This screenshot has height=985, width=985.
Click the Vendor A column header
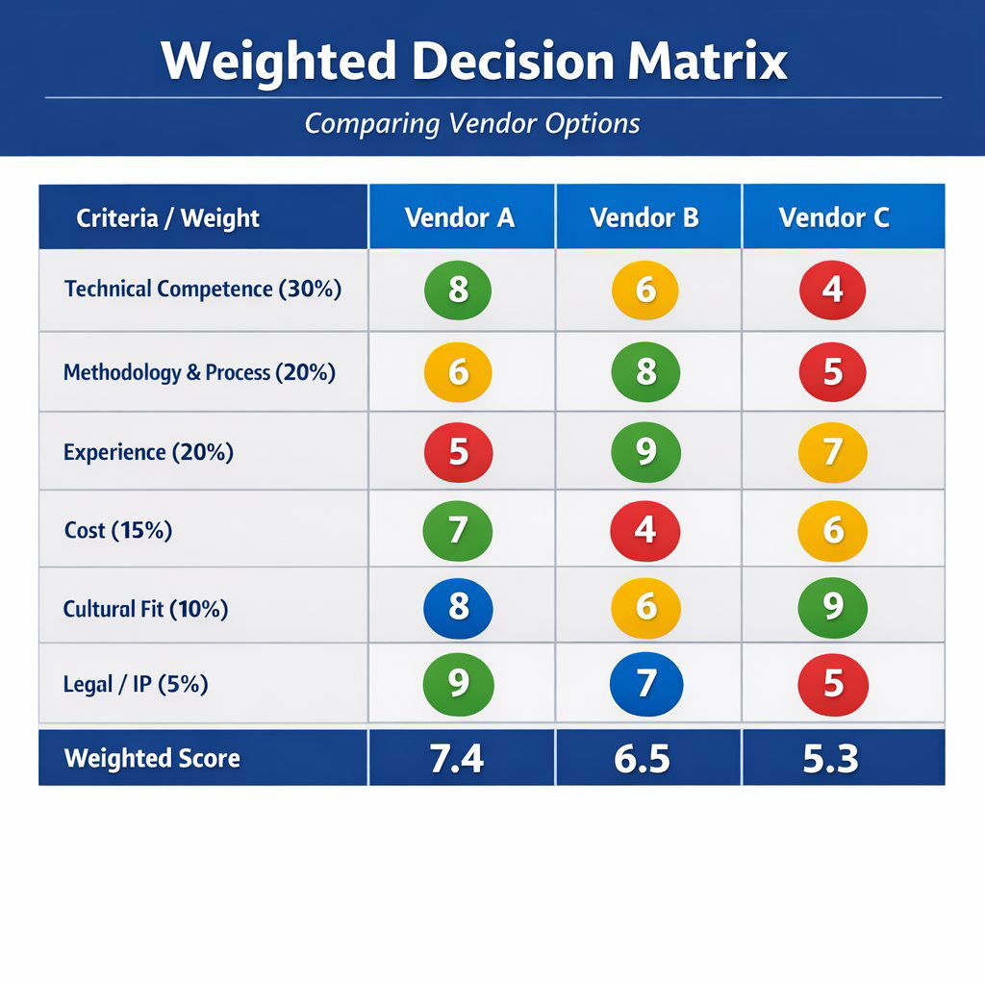point(460,217)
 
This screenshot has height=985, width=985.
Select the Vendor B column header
point(644,217)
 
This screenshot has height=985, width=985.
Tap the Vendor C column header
point(834,217)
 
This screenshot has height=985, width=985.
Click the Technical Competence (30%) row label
point(203,289)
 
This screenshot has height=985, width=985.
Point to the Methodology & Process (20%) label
point(199,372)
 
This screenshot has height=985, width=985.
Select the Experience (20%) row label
point(148,451)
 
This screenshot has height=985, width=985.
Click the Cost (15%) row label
point(118,529)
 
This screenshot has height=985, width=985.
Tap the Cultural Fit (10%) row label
point(145,608)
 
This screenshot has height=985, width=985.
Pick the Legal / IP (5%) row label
point(136,684)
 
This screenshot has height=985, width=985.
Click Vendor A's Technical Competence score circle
point(458,290)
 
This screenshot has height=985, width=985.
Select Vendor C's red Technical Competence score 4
point(833,290)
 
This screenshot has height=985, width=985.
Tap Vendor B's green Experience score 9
point(645,452)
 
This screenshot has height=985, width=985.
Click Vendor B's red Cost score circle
point(645,530)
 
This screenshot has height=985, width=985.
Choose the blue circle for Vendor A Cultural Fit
point(458,608)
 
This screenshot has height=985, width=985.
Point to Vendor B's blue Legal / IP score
point(645,684)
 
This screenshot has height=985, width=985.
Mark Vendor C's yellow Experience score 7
point(833,452)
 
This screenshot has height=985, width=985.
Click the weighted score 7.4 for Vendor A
point(457,758)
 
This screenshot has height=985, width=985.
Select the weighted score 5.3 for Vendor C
point(831,758)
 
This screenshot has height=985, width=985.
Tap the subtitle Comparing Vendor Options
point(472,124)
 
